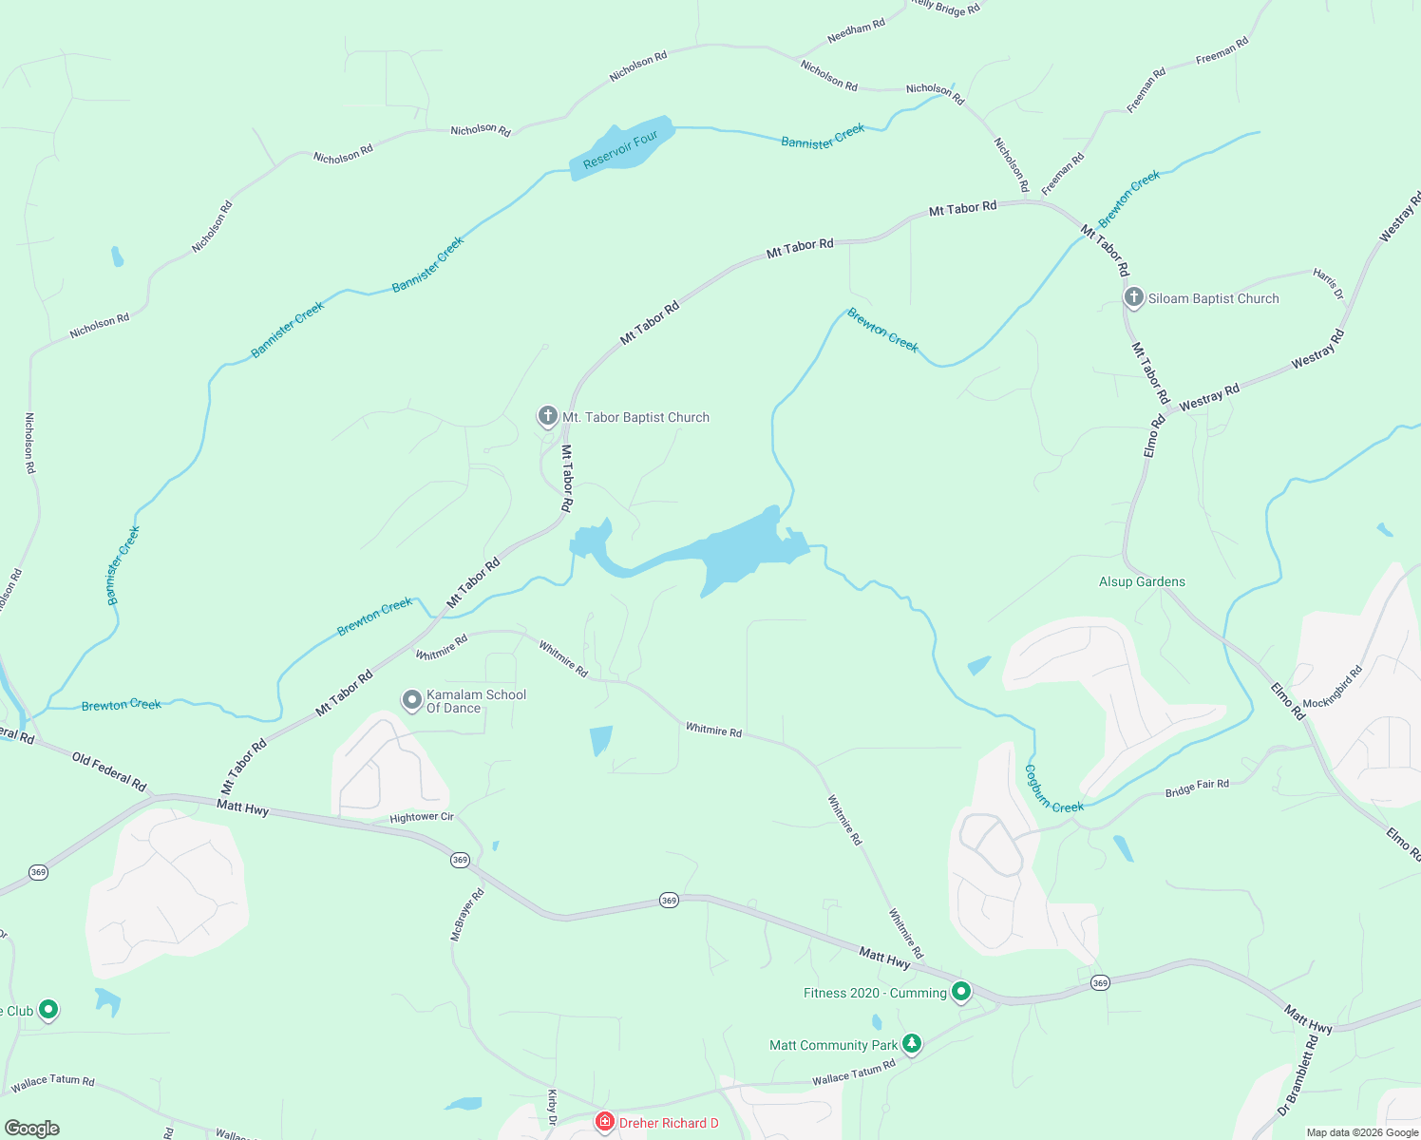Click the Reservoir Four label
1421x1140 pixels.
coord(620,150)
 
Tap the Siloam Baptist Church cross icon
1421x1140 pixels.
coord(1133,297)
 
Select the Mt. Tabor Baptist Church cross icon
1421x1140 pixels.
coord(547,416)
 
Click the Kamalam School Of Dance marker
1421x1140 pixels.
coord(411,700)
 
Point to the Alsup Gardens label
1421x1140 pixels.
coord(1142,581)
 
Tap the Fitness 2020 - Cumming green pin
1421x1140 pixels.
coord(960,992)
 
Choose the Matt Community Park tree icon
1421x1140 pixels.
coord(911,1044)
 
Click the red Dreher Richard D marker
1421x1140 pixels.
coord(604,1122)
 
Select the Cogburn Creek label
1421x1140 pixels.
coord(1053,788)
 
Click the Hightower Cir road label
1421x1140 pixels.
coord(422,817)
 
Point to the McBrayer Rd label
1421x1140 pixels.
coord(467,914)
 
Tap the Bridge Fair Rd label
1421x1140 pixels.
coord(1197,788)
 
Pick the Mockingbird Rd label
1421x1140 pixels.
coord(1333,687)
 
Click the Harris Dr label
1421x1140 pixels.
coord(1329,283)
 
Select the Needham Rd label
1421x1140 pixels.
coord(856,31)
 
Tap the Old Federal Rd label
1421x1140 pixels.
coord(109,770)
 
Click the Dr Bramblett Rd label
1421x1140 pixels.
coord(1298,1075)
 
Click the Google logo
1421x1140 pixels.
coord(32,1128)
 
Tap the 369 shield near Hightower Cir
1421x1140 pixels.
coord(460,860)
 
